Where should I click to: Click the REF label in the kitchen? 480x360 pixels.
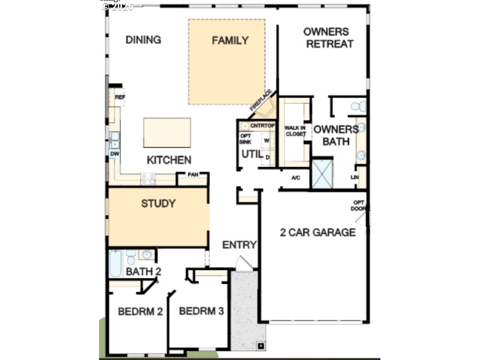[x=119, y=97]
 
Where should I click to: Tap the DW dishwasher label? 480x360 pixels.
[x=114, y=154]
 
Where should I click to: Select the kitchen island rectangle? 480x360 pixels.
[x=167, y=132]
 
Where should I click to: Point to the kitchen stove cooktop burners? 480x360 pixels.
[x=148, y=178]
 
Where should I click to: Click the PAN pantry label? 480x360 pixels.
[x=193, y=176]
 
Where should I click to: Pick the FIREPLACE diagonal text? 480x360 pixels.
[x=262, y=100]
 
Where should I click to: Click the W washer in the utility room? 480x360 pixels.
[x=267, y=140]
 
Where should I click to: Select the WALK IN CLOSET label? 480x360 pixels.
[x=294, y=131]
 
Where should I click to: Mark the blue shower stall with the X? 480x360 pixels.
[x=322, y=173]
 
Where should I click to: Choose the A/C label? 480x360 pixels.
[x=296, y=178]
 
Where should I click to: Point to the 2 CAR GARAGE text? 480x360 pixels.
[x=317, y=233]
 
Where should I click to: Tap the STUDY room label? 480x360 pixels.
[x=158, y=204]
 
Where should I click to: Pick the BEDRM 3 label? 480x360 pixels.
[x=201, y=311]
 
